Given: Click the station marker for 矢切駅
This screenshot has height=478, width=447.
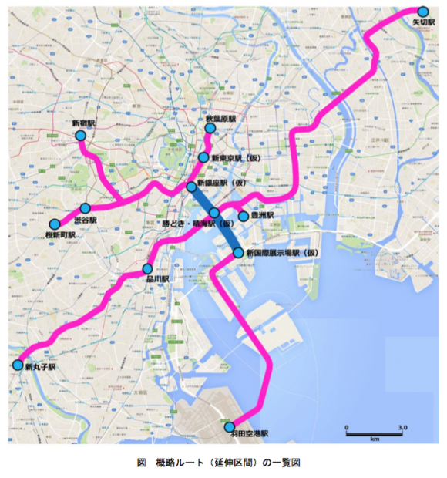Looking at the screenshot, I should click(423, 12).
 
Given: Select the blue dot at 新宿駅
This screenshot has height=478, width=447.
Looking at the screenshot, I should click(80, 136).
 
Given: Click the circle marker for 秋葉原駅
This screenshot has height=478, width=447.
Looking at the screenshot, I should click(210, 129).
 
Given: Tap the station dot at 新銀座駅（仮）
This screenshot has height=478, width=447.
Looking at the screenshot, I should click(192, 187).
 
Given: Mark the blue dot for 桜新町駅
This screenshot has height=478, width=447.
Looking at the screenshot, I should click(55, 224).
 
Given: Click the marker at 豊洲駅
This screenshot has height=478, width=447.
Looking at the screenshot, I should click(244, 216).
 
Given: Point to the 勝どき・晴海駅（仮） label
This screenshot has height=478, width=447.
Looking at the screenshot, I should click(197, 224).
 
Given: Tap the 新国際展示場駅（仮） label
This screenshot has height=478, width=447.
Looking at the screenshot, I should click(282, 253).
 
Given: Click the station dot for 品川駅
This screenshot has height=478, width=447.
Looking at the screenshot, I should click(147, 268).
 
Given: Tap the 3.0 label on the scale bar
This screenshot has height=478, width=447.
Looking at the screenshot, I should click(402, 426).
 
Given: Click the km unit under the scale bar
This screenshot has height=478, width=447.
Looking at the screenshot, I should click(374, 440).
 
